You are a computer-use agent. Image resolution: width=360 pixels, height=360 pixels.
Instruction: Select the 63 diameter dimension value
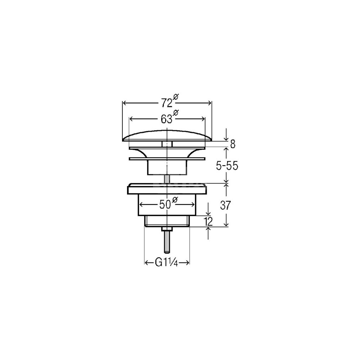point(167,119)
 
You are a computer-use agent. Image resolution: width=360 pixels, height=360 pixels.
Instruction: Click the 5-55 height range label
point(227,166)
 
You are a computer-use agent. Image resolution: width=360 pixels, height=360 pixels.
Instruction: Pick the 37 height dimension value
point(225,205)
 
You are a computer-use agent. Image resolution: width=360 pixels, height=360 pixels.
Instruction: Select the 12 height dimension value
point(208,221)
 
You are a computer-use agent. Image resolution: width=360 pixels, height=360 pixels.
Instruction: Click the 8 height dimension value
point(233,144)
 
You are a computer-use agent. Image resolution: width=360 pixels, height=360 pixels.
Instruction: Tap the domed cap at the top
point(167,136)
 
